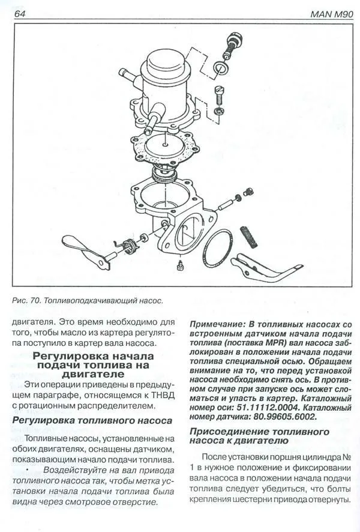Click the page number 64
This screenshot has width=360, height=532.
click(19, 14)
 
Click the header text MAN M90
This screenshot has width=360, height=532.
click(332, 14)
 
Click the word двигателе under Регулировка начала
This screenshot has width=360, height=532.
click(93, 374)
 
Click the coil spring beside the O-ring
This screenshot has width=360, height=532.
click(249, 237)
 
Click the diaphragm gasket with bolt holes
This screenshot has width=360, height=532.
click(165, 146)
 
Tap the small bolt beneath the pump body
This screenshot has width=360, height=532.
click(180, 265)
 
